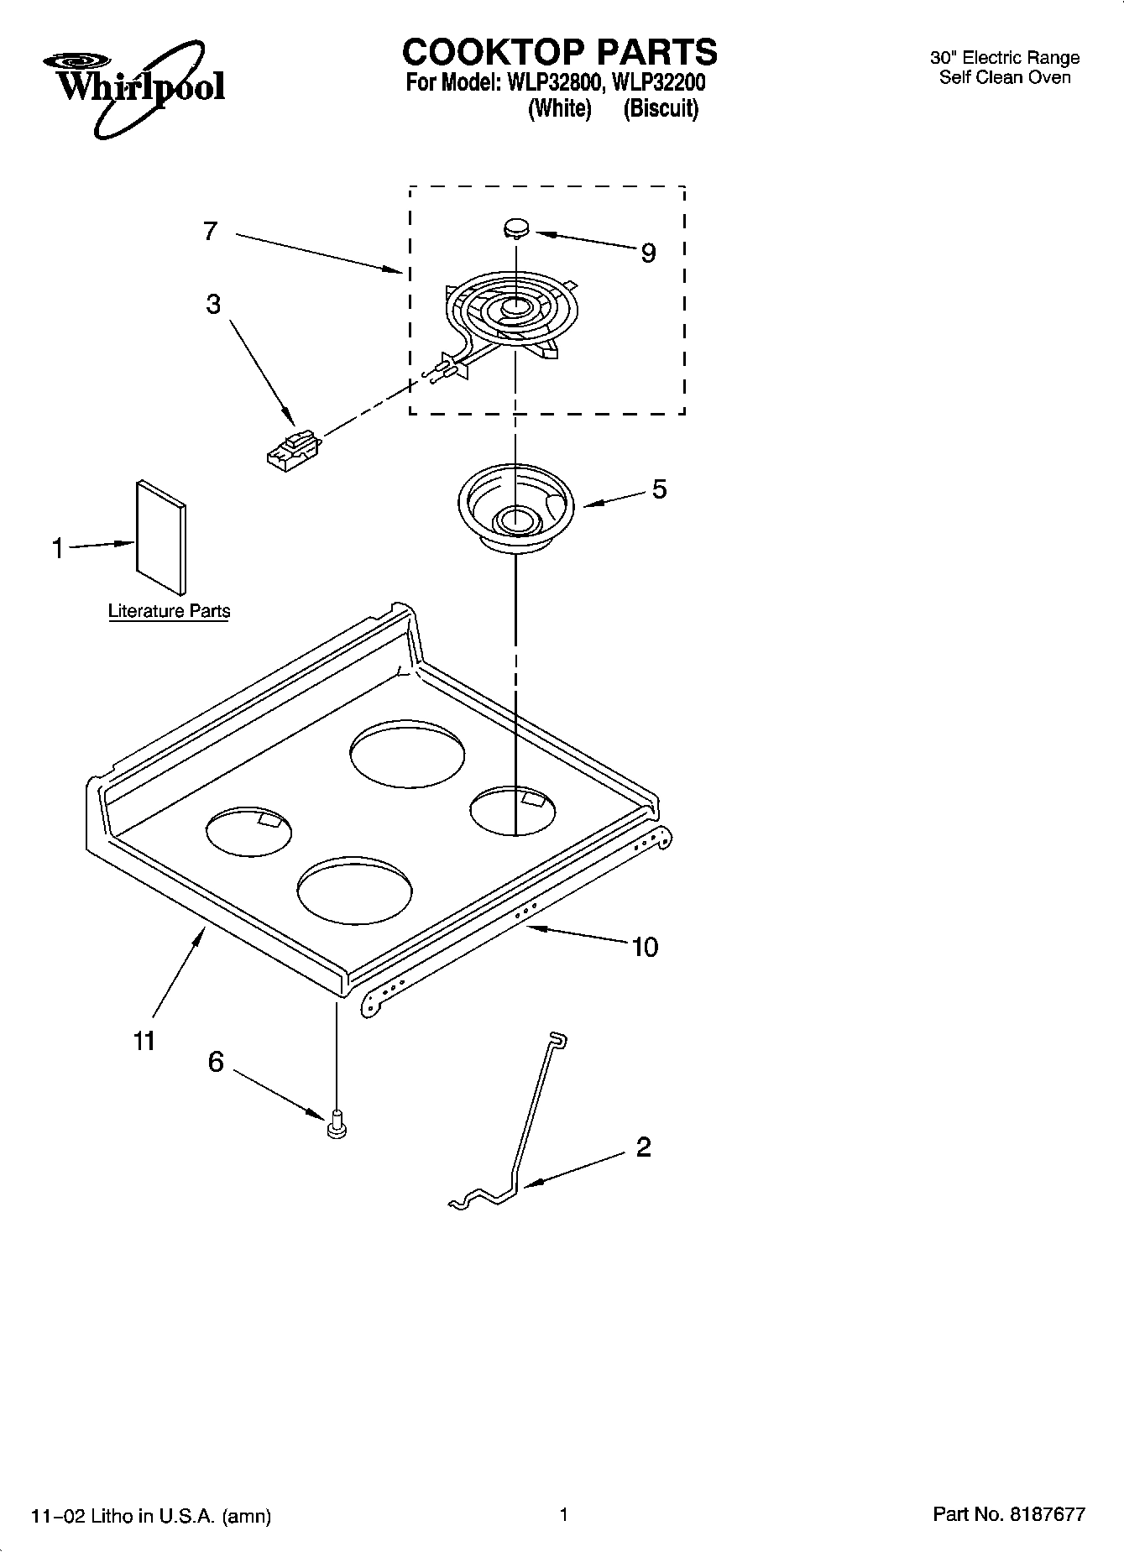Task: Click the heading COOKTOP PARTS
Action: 560,52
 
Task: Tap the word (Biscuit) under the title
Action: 661,109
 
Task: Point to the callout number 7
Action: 210,231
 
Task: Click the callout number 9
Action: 648,253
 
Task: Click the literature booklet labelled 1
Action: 160,537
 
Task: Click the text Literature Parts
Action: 169,611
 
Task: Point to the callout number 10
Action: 645,947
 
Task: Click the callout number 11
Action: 144,1041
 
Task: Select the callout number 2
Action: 643,1147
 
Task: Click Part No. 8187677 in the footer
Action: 1009,1514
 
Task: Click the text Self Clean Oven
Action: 1005,78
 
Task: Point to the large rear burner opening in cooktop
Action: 407,753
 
